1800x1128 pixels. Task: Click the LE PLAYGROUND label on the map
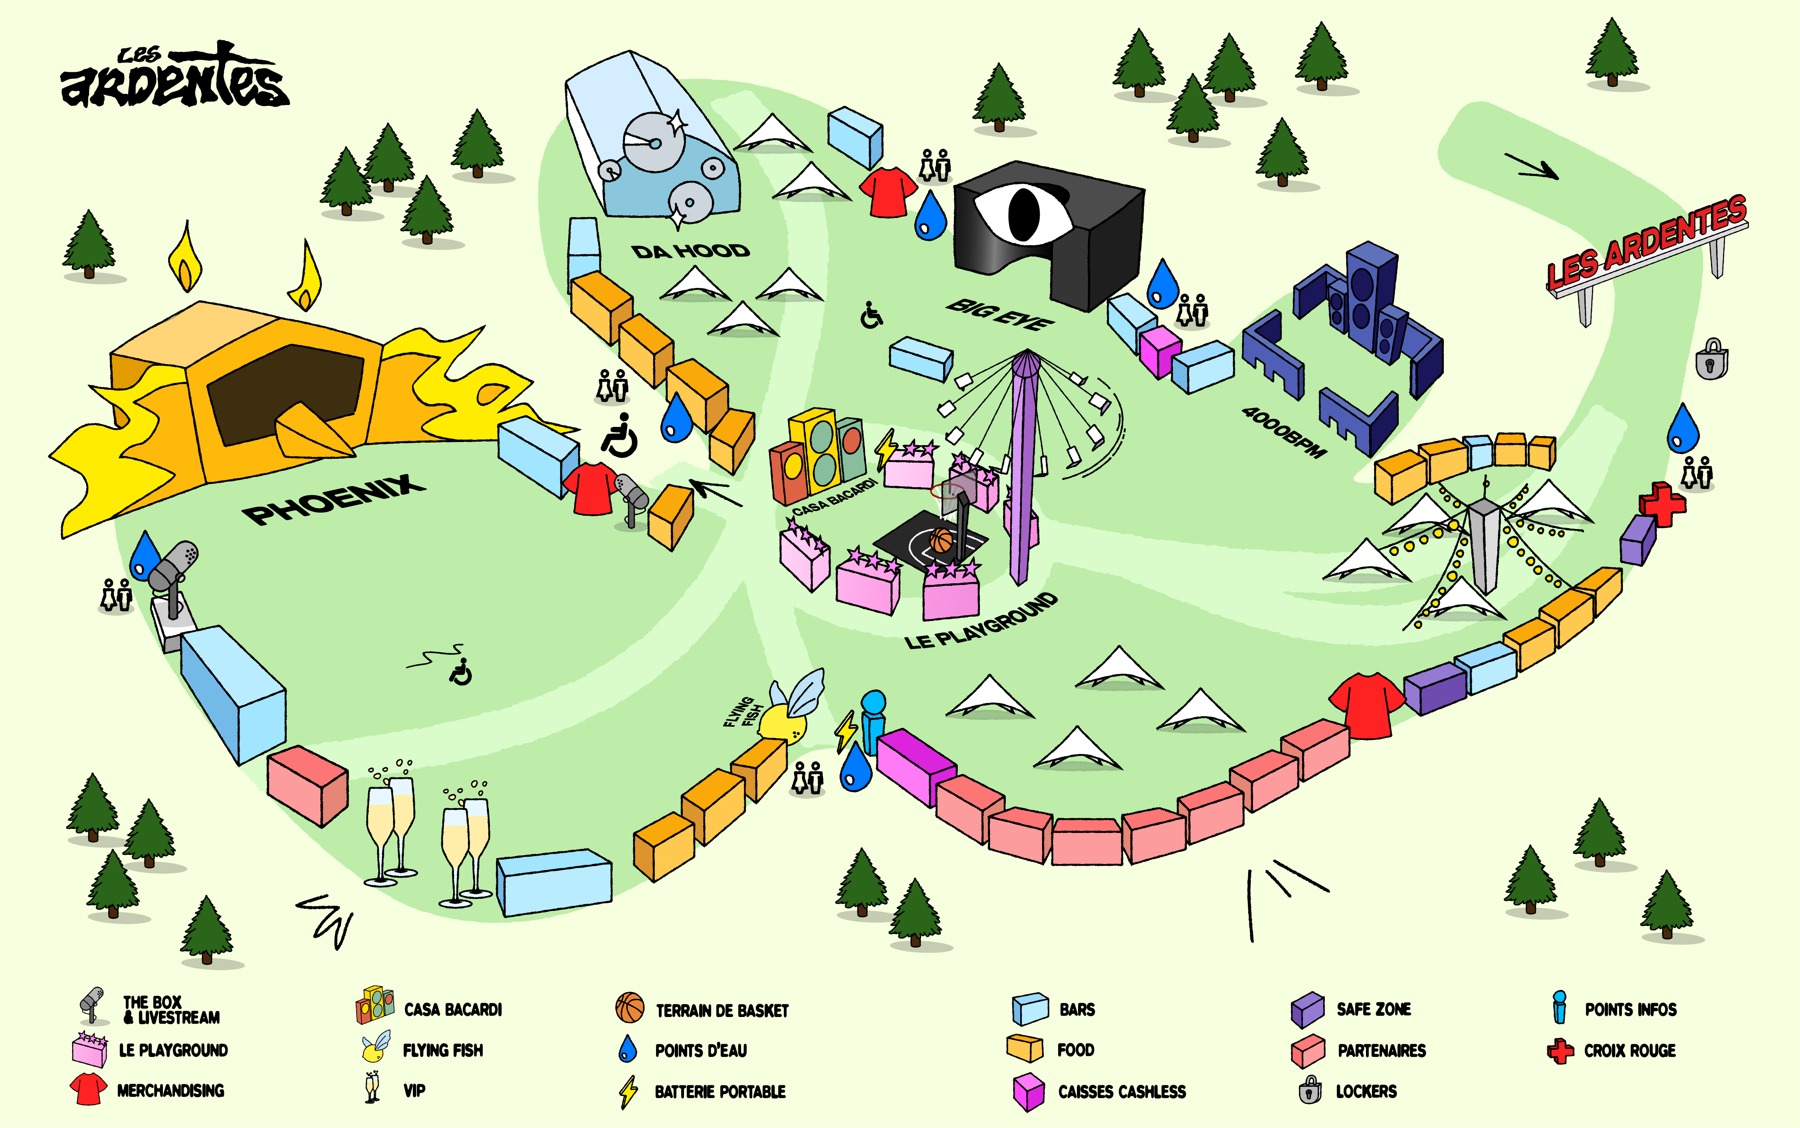tap(981, 620)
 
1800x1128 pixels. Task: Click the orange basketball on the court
tap(942, 539)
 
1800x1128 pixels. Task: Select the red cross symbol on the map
tap(1662, 504)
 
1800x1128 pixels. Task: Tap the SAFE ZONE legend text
tap(1373, 1009)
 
